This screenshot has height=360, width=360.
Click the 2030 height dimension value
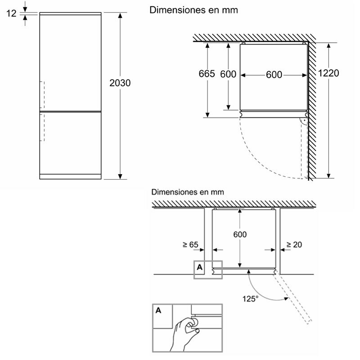coord(120,83)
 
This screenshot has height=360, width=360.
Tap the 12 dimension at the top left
coord(12,13)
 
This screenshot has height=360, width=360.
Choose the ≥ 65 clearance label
coord(190,245)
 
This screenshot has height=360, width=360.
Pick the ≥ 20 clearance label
coord(294,245)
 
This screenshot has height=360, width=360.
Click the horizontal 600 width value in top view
coord(274,75)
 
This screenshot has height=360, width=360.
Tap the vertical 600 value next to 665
coord(228,74)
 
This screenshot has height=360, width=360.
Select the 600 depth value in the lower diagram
coord(239,234)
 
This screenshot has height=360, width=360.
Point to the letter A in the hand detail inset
coord(159,310)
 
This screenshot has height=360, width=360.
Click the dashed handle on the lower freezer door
coord(44,127)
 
